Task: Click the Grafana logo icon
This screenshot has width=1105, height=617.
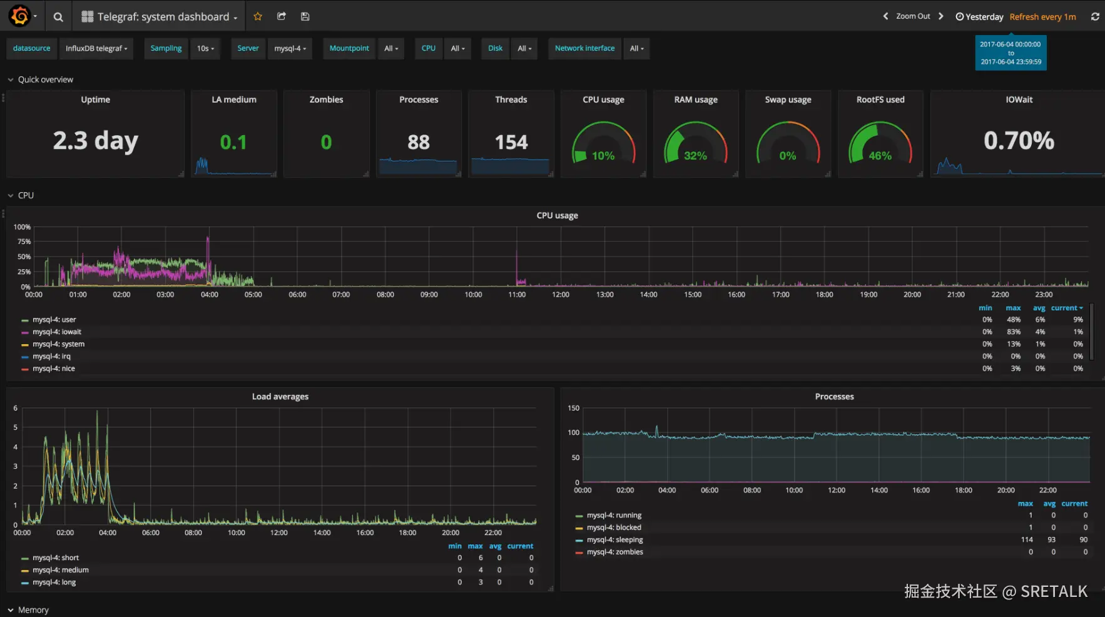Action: [x=20, y=16]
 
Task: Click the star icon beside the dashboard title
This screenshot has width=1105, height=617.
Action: [x=258, y=16]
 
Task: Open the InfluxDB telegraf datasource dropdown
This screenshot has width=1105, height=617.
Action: [x=96, y=48]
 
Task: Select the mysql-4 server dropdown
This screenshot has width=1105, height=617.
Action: [x=290, y=48]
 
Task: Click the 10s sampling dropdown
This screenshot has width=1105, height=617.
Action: [x=205, y=48]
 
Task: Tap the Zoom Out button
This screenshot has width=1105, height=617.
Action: [x=913, y=16]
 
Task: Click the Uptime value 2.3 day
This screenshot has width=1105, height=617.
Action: [x=95, y=141]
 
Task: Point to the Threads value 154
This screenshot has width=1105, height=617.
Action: [x=511, y=142]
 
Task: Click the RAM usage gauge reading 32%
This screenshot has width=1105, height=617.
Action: [x=695, y=155]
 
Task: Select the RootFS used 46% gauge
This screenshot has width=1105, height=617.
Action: [x=880, y=155]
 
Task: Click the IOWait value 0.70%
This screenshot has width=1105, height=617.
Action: [x=1019, y=141]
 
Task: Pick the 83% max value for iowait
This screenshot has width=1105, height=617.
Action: [x=1014, y=332]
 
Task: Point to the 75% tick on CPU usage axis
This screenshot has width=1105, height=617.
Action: [x=24, y=242]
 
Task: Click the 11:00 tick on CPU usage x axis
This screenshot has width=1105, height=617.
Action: [x=517, y=294]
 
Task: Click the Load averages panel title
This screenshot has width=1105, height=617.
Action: [x=280, y=397]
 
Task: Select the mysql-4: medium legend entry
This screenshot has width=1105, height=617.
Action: [x=61, y=570]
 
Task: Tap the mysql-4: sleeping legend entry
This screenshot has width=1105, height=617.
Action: [x=614, y=539]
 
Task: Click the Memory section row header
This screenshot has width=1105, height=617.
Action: [x=33, y=609]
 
